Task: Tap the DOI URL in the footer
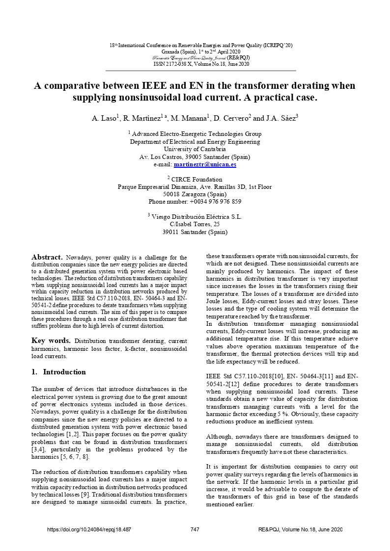pyautogui.click(x=89, y=529)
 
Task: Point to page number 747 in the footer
pyautogui.click(x=195, y=529)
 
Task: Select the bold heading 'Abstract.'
pyautogui.click(x=47, y=257)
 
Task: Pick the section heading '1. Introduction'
pyautogui.click(x=58, y=372)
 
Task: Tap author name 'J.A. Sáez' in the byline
pyautogui.click(x=280, y=118)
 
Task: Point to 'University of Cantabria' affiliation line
pyautogui.click(x=195, y=149)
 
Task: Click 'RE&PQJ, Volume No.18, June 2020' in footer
pyautogui.click(x=300, y=529)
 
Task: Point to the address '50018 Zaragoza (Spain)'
pyautogui.click(x=195, y=194)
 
